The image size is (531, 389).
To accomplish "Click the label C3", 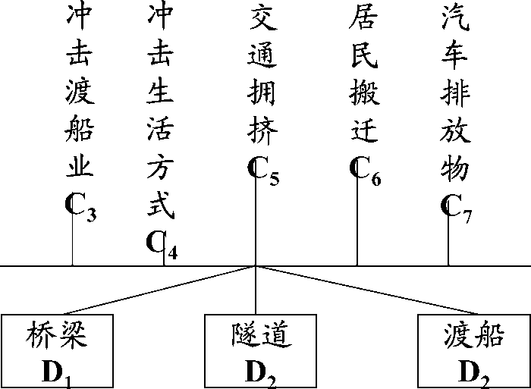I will pyautogui.click(x=80, y=208).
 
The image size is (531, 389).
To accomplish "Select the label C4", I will pyautogui.click(x=162, y=245).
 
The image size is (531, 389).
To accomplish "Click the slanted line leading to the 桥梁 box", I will pyautogui.click(x=159, y=290).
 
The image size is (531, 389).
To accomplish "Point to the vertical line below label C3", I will pyautogui.click(x=72, y=243).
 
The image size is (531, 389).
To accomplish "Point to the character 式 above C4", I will pyautogui.click(x=161, y=203).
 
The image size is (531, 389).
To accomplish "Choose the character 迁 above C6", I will pyautogui.click(x=364, y=133).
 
